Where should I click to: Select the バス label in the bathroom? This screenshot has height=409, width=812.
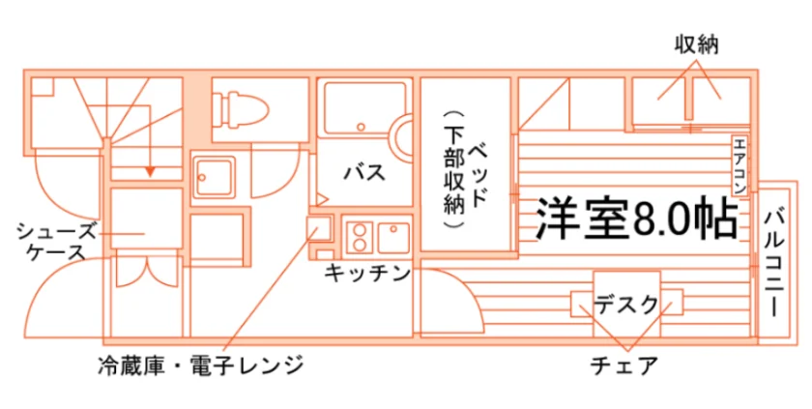click(x=364, y=172)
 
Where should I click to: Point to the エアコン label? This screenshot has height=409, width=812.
click(x=739, y=164)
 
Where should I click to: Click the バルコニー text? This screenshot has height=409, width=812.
click(x=774, y=263)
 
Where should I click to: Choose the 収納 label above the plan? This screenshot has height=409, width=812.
click(x=697, y=45)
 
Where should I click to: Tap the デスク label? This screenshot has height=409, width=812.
click(x=626, y=305)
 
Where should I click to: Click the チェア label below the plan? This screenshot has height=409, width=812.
click(x=623, y=365)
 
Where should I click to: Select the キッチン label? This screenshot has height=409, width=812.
click(x=367, y=273)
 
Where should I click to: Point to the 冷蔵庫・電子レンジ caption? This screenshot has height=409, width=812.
click(x=200, y=365)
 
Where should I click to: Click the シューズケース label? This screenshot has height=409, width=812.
click(x=57, y=242)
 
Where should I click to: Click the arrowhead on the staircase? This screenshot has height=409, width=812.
click(x=150, y=171)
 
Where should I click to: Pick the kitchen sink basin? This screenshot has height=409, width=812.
click(x=393, y=237)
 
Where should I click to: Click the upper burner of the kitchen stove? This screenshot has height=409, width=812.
click(x=360, y=229)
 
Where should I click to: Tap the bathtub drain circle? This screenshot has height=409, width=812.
click(x=361, y=127)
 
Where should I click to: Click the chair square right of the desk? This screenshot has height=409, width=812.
click(x=672, y=303)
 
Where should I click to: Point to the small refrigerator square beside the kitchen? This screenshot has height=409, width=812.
click(x=319, y=229)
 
